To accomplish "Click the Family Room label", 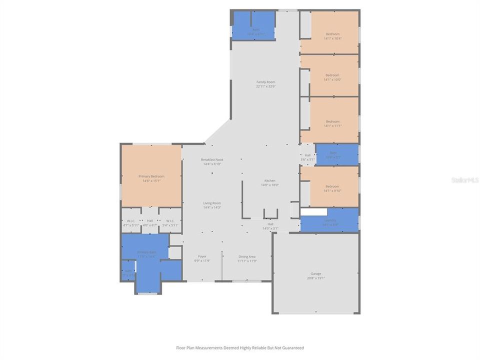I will tap(265, 82).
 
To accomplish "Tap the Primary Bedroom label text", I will tap(151, 176).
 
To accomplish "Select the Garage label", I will tap(315, 273).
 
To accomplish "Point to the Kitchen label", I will tap(269, 180).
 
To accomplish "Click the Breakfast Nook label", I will tap(212, 159).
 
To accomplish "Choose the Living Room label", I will tap(212, 203).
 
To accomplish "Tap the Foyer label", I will tap(202, 256).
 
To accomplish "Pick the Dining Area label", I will tap(246, 256).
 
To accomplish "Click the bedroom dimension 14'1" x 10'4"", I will tap(332, 38).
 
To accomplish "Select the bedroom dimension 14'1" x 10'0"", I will tap(332, 79).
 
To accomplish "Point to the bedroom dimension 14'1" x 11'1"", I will tap(332, 126).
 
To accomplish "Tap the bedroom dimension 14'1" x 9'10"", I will tap(332, 190).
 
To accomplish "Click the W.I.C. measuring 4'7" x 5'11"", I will tap(130, 223).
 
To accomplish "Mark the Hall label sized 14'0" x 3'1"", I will tap(270, 226).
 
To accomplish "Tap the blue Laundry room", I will tap(330, 222).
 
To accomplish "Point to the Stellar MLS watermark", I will tap(465, 179).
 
